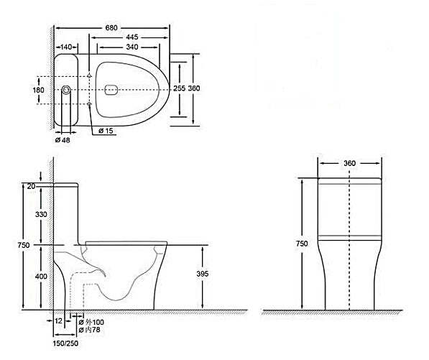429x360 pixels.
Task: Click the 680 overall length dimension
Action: pyautogui.click(x=112, y=27)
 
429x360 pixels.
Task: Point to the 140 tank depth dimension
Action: pyautogui.click(x=66, y=47)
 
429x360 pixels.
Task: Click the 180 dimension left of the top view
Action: pyautogui.click(x=39, y=90)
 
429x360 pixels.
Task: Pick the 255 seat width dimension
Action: pyautogui.click(x=180, y=88)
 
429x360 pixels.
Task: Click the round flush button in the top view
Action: pyautogui.click(x=66, y=91)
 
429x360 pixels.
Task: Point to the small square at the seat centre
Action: pyautogui.click(x=110, y=91)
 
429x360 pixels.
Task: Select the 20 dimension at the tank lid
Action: pyautogui.click(x=31, y=186)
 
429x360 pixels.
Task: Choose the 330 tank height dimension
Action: pyautogui.click(x=31, y=214)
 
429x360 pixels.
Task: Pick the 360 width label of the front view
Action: pyautogui.click(x=350, y=163)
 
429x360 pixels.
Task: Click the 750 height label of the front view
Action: pyautogui.click(x=302, y=244)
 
